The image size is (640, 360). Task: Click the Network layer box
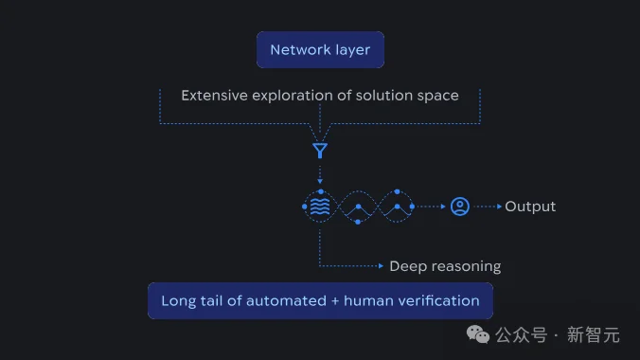320,50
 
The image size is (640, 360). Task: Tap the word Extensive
213,96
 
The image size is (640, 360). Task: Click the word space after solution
436,96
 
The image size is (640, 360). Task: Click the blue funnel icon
320,150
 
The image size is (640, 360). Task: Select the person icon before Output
460,207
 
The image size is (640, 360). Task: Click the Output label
530,207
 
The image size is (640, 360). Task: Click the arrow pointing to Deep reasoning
379,266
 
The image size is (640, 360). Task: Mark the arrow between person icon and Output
489,207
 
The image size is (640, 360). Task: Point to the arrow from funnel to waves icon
320,174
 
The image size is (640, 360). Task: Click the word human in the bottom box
365,301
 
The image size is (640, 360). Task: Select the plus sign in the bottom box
330,301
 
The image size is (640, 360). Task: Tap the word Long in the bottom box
177,301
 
